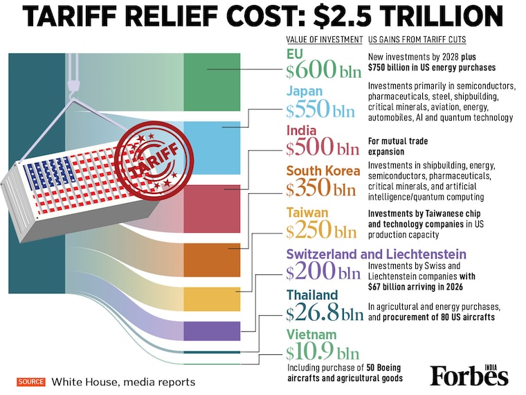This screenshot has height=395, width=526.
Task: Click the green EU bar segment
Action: (x=212, y=82)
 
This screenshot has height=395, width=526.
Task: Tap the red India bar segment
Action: (x=212, y=209)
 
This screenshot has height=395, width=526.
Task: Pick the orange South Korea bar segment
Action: (x=212, y=260)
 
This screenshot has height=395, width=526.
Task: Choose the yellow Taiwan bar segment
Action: (x=212, y=299)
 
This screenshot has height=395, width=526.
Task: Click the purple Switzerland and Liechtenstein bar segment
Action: (x=212, y=331)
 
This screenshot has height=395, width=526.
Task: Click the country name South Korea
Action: (x=323, y=170)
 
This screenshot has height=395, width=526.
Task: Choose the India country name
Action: (x=302, y=130)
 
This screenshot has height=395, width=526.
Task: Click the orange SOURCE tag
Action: (x=31, y=382)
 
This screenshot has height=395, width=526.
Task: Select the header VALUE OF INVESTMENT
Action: (x=324, y=39)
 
